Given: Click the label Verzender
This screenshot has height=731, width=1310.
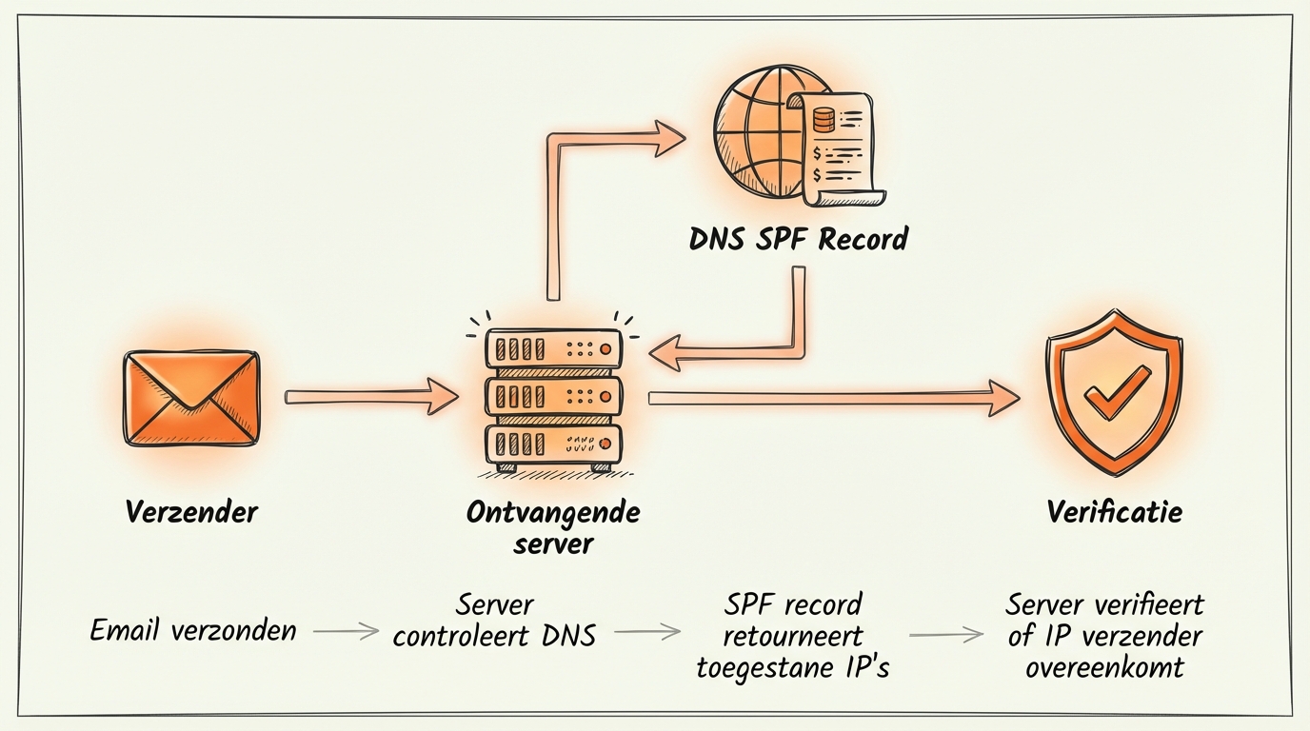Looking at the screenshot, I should pos(191,512).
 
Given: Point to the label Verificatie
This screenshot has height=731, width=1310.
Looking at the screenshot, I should pos(1114,512).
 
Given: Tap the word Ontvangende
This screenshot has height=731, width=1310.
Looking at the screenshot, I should pos(553,512).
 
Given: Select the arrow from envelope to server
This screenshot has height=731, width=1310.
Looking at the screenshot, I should pos(371,396).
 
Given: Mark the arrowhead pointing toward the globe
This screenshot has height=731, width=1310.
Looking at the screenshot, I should pos(666,139).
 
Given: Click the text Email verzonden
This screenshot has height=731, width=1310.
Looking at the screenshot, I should pos(193,630).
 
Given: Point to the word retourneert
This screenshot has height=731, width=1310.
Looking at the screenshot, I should pos(792,636).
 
